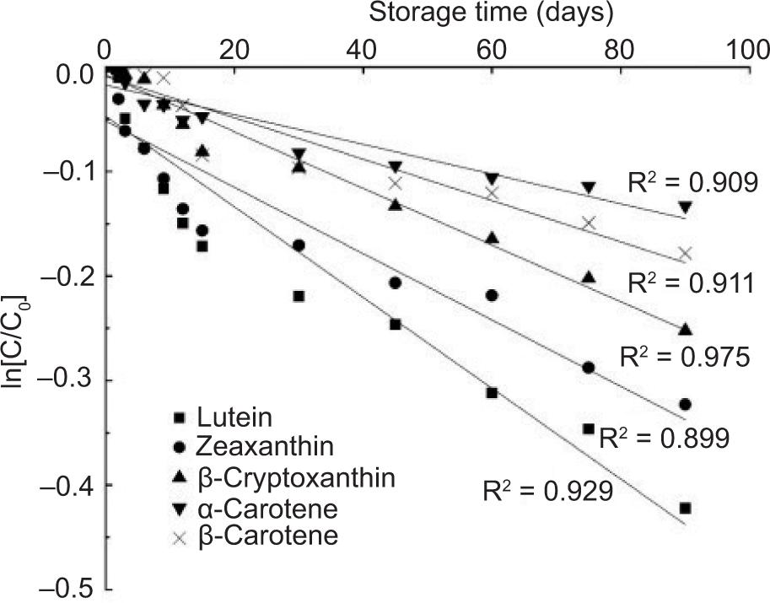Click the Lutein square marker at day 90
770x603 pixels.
(685, 508)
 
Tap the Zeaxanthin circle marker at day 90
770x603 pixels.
(685, 404)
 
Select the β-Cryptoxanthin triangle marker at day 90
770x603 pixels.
(685, 329)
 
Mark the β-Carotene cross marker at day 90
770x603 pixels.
(685, 253)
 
